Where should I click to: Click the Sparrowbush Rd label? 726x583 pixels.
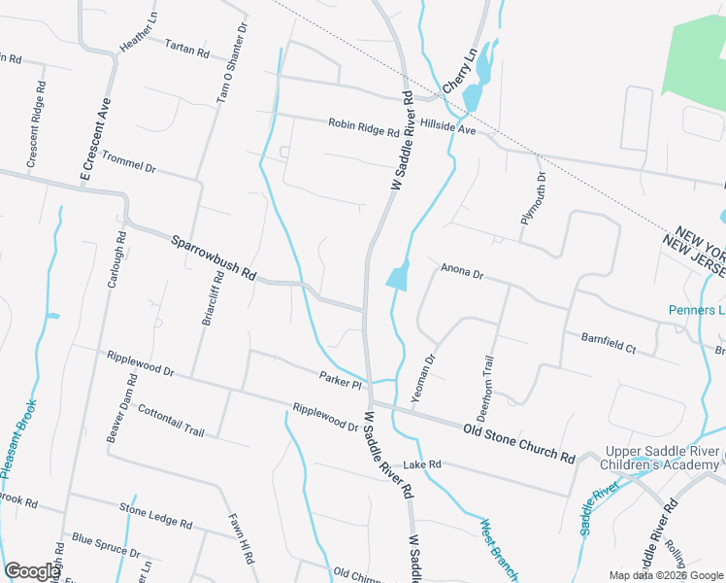[x=214, y=258]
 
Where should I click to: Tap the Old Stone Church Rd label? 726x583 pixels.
[x=519, y=442]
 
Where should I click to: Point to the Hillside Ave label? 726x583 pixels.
[x=448, y=127]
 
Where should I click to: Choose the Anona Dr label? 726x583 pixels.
[x=462, y=271]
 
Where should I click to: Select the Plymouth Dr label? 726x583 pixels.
[x=534, y=197]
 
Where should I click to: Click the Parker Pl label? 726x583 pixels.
[x=340, y=380]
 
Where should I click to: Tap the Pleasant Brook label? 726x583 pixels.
[x=18, y=438]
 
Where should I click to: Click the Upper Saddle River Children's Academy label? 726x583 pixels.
[x=665, y=459]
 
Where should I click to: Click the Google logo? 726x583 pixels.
[x=32, y=571]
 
